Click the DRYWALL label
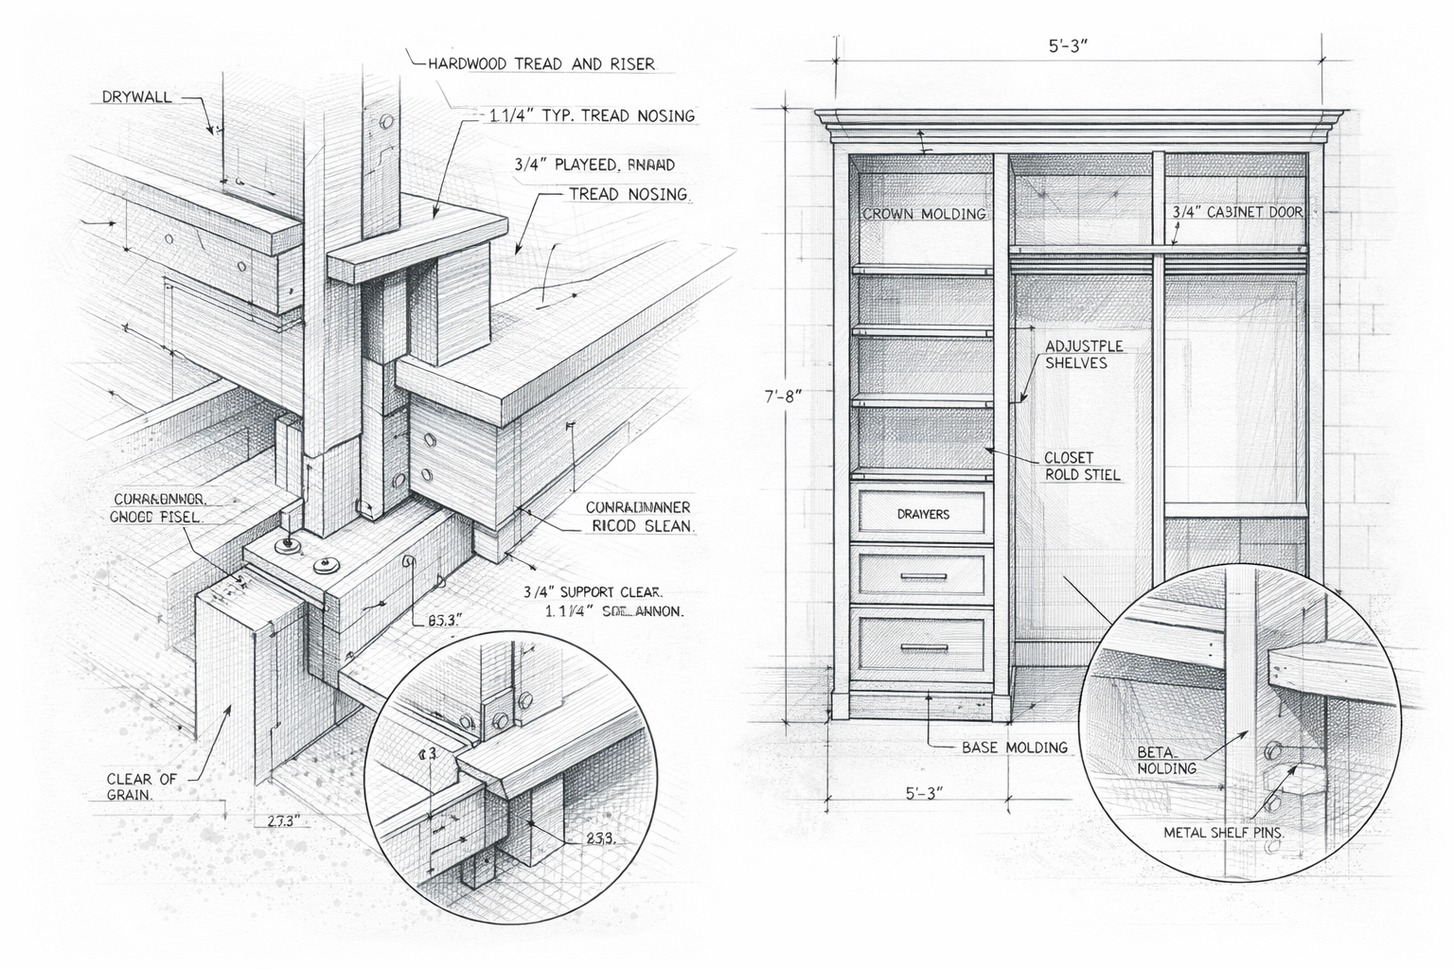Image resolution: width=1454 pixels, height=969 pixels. point(136,97)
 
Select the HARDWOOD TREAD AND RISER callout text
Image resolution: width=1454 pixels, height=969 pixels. point(541,64)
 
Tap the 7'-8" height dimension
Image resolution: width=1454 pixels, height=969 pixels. point(783,396)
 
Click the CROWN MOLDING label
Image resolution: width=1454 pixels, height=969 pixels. point(924,214)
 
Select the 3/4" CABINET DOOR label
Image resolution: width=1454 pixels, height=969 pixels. point(1237,212)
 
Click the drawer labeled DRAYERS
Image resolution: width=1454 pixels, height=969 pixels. point(922,514)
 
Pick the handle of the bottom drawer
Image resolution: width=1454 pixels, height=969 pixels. point(923,648)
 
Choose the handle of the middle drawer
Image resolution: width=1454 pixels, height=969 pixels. point(923,575)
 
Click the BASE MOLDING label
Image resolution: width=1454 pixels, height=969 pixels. point(1014,748)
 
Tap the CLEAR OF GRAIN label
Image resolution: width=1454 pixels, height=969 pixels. point(141,786)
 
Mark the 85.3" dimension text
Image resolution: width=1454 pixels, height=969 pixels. point(444,621)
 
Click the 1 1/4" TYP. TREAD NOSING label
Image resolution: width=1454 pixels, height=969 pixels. point(592,115)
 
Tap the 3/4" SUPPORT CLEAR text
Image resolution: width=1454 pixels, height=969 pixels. point(593,592)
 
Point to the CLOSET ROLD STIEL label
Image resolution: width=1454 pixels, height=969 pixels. point(1081,467)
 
